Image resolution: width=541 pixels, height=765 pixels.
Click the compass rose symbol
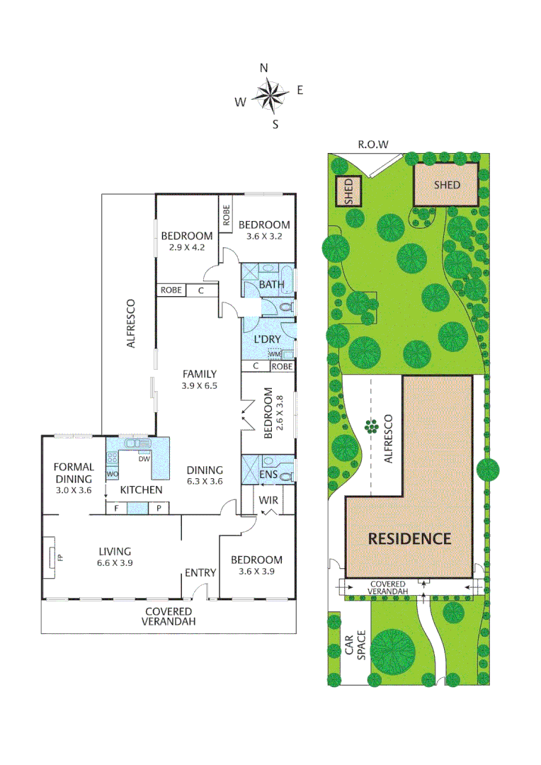point(270,96)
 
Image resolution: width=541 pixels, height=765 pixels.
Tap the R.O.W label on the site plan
point(372,144)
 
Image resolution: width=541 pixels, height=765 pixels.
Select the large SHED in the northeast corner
point(446,185)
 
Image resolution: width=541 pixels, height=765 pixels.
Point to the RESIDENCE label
point(409,538)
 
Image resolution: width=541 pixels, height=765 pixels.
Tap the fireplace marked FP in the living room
point(54,557)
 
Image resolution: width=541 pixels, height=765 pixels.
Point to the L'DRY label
point(267,340)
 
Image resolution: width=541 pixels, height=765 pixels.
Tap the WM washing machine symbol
point(275,353)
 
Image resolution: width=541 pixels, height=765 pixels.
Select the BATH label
point(271,285)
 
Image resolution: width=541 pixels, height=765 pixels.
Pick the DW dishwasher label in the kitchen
point(143,459)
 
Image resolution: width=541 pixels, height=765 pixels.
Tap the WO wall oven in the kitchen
point(112,473)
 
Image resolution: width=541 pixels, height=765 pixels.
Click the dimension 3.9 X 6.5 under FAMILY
point(199,386)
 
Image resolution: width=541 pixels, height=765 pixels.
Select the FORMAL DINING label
point(74,472)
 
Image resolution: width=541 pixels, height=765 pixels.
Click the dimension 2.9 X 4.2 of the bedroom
point(187,247)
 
